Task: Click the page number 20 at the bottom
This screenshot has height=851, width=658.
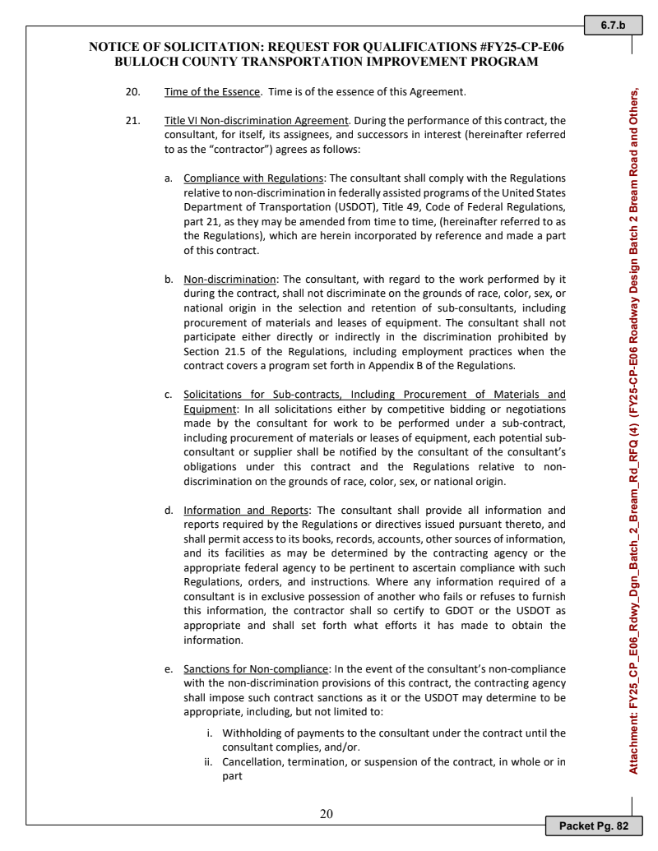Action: point(327,814)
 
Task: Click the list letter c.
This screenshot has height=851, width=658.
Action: point(168,395)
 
